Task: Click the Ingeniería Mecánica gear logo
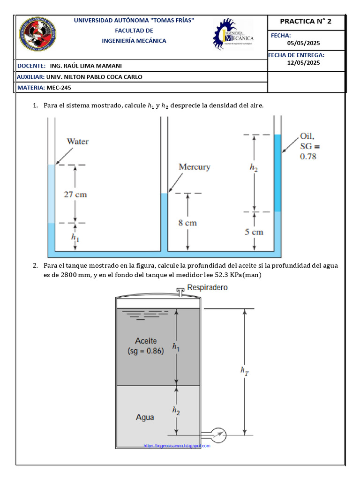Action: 233,35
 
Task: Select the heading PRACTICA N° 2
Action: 305,22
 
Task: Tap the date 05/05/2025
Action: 303,43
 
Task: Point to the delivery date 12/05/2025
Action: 303,62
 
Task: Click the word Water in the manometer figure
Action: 78,141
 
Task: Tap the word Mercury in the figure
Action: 195,167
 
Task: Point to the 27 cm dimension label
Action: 75,194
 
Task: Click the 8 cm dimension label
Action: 187,223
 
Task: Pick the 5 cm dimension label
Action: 254,232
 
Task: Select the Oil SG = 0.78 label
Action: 308,146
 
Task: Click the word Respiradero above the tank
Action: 208,287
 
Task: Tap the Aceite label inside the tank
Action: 146,341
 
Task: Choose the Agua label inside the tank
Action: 145,417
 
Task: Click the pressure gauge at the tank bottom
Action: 217,435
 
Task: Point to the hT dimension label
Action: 244,371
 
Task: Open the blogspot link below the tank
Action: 177,446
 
